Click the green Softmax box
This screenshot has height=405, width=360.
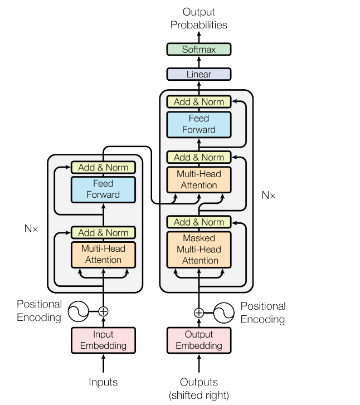coord(199,50)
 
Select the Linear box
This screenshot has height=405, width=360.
coord(199,74)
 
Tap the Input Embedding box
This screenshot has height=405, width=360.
coord(103,340)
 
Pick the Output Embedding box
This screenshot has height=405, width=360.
coord(199,340)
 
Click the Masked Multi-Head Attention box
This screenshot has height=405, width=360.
coord(199,250)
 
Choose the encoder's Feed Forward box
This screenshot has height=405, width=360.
coord(103,189)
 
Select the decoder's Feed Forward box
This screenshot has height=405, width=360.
coord(199,124)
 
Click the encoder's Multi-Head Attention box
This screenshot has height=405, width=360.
coord(103,255)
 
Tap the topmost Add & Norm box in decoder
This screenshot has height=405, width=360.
coord(199,102)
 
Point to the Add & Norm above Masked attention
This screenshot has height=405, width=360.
coord(199,222)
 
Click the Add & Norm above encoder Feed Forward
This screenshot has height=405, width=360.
coord(103,167)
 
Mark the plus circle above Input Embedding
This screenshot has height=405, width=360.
coord(103,311)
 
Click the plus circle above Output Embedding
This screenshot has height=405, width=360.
coord(199,313)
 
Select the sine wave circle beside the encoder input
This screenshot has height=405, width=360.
coord(79,311)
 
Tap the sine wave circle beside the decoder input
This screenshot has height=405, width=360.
coord(224,313)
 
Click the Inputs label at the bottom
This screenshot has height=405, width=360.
coord(103,382)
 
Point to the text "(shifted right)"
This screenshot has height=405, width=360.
coord(199,396)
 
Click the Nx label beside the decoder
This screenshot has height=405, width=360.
coord(269,196)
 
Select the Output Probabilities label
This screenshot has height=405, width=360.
coord(199,18)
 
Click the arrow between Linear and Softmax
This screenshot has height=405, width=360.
coord(199,62)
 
